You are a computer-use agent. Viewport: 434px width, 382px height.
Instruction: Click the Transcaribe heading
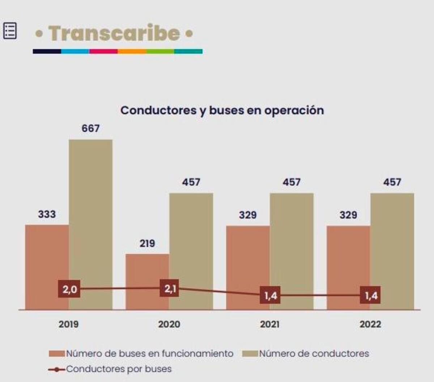pyautogui.click(x=114, y=33)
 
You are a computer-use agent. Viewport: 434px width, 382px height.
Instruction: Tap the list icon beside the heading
pyautogui.click(x=10, y=30)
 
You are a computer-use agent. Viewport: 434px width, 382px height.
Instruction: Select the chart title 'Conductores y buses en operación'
pyautogui.click(x=222, y=110)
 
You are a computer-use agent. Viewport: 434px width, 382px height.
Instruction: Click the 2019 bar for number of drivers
pyautogui.click(x=90, y=217)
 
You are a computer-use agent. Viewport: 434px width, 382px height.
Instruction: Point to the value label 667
pyautogui.click(x=90, y=128)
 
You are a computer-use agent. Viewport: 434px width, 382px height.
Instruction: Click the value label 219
pyautogui.click(x=147, y=244)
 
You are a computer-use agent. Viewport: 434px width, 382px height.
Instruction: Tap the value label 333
pyautogui.click(x=47, y=214)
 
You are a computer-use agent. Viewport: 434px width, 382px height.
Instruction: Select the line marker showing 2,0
pyautogui.click(x=69, y=289)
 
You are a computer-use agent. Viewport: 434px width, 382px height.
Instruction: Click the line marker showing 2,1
pyautogui.click(x=170, y=288)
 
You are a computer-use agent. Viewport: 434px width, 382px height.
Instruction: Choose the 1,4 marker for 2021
pyautogui.click(x=271, y=296)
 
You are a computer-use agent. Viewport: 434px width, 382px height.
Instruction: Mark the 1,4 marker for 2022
pyautogui.click(x=371, y=296)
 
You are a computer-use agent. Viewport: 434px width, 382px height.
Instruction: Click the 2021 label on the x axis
pyautogui.click(x=270, y=324)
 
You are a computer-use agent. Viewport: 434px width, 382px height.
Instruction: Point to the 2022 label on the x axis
pyautogui.click(x=370, y=324)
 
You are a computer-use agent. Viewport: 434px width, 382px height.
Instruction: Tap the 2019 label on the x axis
pyautogui.click(x=69, y=324)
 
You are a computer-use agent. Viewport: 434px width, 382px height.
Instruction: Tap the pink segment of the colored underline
pyautogui.click(x=103, y=51)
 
